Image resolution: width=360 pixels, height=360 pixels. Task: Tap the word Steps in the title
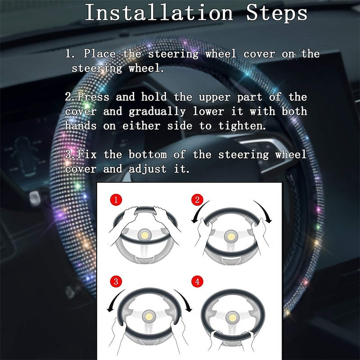[277, 13]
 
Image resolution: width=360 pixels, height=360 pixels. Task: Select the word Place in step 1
[99, 54]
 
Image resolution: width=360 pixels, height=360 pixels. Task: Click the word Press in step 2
[94, 97]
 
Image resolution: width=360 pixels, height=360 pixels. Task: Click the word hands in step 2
[81, 126]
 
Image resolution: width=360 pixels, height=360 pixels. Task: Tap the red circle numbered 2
[197, 199]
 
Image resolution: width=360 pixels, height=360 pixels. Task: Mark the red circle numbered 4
[197, 282]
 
